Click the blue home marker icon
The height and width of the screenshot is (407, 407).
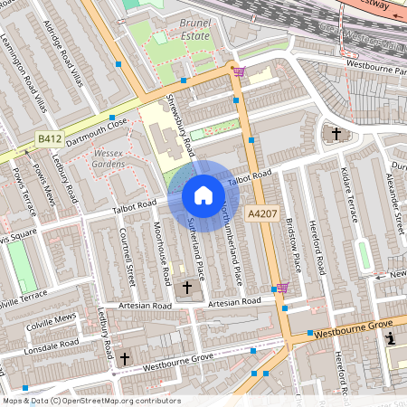pyautogui.click(x=203, y=195)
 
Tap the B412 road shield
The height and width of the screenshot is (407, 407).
pyautogui.click(x=50, y=138)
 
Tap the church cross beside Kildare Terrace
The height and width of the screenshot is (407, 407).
pyautogui.click(x=336, y=134)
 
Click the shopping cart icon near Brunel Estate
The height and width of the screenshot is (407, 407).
pyautogui.click(x=238, y=71)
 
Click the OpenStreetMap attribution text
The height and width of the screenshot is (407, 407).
pyautogui.click(x=90, y=401)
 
